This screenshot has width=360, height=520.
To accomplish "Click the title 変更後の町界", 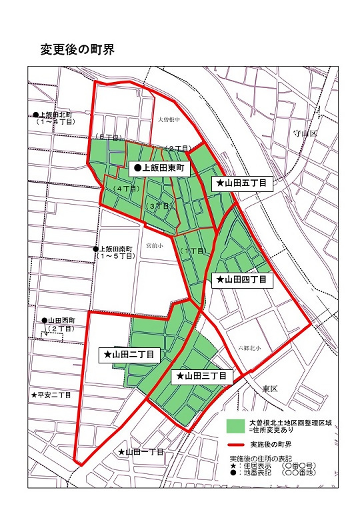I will click(x=78, y=50).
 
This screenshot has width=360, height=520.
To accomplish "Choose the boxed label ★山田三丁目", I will click(x=201, y=377).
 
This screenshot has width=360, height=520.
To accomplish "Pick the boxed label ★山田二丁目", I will click(x=129, y=355).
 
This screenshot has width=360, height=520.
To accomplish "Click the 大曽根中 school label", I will click(x=169, y=119).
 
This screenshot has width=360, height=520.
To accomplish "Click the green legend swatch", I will click(x=234, y=425).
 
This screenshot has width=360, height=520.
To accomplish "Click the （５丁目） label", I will click(x=107, y=137).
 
